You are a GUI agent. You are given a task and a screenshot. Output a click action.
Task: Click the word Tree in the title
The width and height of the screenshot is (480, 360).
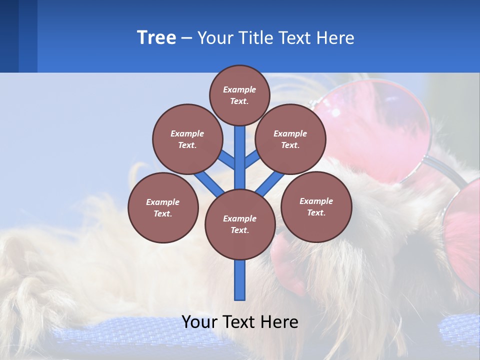[156, 38]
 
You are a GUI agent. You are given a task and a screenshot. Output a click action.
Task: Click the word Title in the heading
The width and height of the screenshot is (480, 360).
[256, 38]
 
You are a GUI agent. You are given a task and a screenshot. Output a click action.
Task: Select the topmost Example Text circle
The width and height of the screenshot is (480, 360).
[239, 95]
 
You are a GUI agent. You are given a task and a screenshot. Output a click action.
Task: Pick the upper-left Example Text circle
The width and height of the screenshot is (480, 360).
[187, 139]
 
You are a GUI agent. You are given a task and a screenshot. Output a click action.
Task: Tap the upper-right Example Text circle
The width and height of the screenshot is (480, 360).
[290, 139]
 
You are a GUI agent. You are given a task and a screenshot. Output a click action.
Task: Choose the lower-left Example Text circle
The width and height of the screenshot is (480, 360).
[163, 207]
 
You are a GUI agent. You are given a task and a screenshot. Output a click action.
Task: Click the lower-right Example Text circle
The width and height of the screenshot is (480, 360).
[316, 206]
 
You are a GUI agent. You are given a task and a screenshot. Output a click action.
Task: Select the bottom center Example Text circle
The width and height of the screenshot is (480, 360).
[240, 224]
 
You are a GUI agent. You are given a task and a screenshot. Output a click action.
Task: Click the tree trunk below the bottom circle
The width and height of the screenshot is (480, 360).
[240, 280]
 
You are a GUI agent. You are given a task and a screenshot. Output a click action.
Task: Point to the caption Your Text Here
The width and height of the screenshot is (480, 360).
[240, 322]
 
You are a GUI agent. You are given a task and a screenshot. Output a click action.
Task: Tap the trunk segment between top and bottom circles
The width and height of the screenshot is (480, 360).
[240, 160]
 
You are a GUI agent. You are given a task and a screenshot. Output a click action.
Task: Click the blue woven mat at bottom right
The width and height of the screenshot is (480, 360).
[457, 330]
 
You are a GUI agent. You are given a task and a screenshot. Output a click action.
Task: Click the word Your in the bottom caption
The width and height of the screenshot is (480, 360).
[199, 322]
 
